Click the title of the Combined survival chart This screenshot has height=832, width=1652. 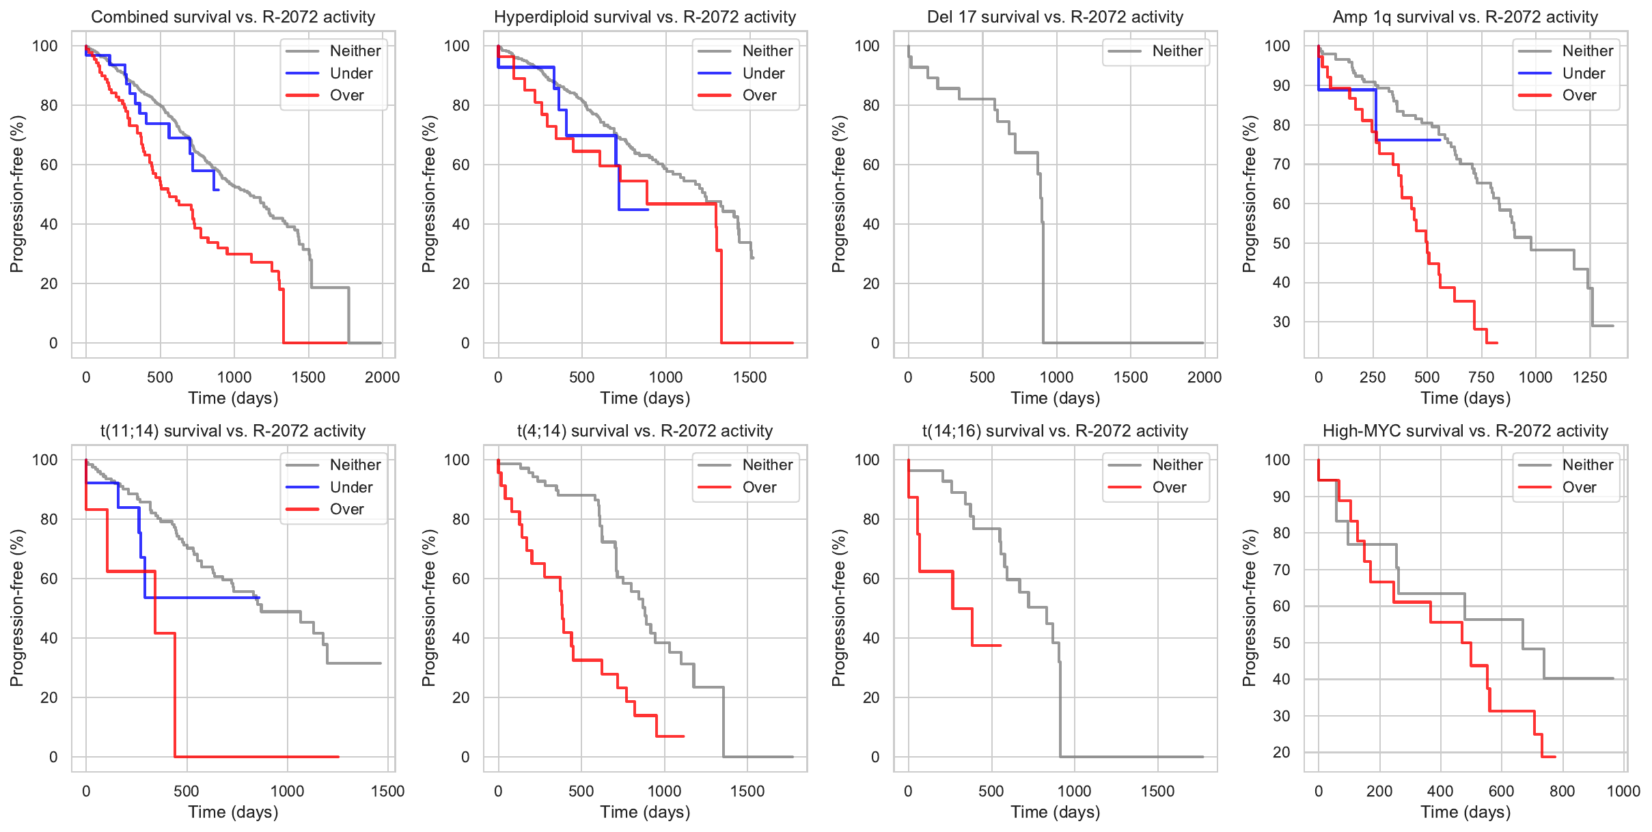[x=233, y=17]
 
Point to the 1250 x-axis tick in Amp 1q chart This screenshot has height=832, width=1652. [x=1590, y=377]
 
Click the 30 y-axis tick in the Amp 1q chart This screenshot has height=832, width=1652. [x=1281, y=322]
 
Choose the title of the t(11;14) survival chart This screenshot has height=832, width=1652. [x=233, y=431]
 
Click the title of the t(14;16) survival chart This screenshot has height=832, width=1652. [x=1055, y=431]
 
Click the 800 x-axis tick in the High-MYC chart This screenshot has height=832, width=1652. [x=1562, y=791]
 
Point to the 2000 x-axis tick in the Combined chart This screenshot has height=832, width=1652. [x=382, y=377]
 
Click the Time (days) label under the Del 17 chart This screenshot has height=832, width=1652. [x=1055, y=398]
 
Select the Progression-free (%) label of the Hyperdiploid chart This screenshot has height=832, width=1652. [x=428, y=194]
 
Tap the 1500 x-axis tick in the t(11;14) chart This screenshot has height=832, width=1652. [x=387, y=791]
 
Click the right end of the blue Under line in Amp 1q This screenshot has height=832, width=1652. [x=1440, y=140]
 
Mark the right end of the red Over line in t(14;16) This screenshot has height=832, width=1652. [x=1000, y=646]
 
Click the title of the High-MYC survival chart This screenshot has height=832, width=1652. [x=1465, y=431]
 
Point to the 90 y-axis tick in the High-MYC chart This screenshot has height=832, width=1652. [x=1281, y=497]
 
